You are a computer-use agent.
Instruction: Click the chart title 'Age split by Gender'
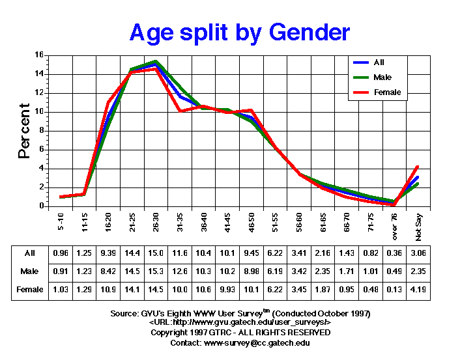pos(240,32)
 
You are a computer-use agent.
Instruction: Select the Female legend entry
pos(387,92)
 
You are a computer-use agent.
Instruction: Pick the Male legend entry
pos(383,77)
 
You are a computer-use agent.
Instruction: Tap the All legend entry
pos(379,62)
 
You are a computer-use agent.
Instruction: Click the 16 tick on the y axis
pos(40,55)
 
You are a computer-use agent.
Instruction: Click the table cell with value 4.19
pos(418,289)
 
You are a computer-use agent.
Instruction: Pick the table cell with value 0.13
pos(394,289)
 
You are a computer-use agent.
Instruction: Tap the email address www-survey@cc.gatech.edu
pos(257,342)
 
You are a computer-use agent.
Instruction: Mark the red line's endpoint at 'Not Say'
pos(417,167)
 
